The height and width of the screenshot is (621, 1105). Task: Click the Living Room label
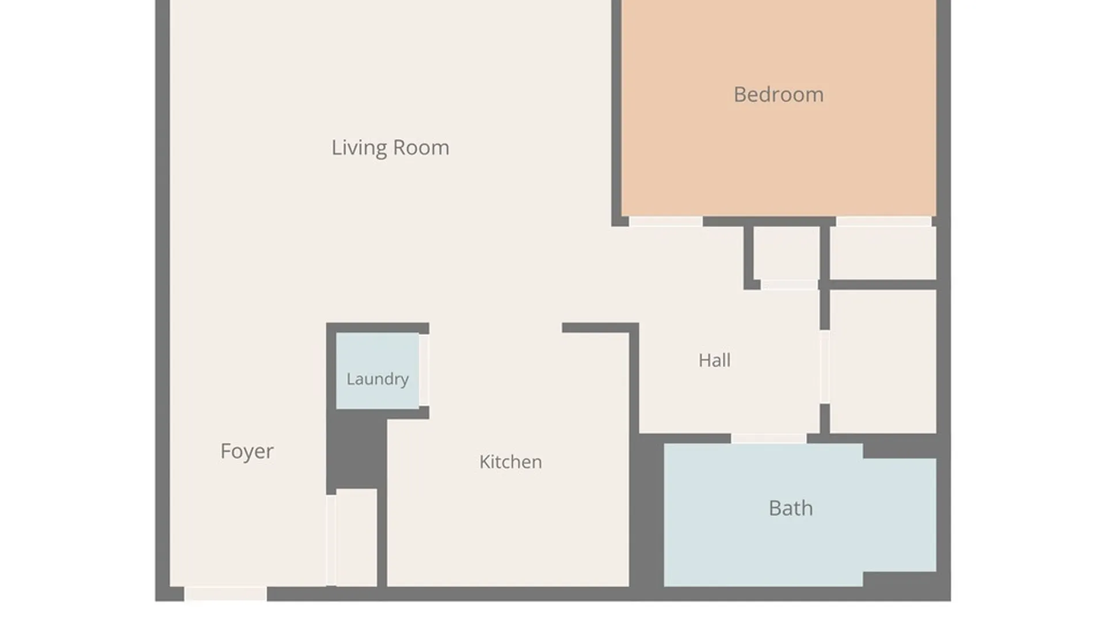click(x=390, y=148)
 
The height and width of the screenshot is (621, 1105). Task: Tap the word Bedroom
click(x=779, y=94)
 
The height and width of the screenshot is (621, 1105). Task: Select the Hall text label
click(x=715, y=361)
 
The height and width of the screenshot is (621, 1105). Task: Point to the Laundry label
click(x=378, y=379)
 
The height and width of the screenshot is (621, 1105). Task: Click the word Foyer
click(x=247, y=451)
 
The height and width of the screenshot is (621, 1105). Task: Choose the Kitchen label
click(x=510, y=462)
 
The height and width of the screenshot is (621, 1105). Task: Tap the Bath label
click(x=791, y=508)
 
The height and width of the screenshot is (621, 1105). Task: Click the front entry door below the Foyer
click(x=226, y=594)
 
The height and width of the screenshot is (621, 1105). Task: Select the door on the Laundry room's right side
click(x=424, y=370)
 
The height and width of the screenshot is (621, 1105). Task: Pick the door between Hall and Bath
click(x=769, y=439)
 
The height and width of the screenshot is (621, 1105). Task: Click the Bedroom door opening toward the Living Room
click(x=666, y=221)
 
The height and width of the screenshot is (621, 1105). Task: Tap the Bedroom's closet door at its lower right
click(x=884, y=221)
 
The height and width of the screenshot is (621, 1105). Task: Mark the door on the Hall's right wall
click(x=825, y=367)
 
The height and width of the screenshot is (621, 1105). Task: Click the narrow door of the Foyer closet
click(x=331, y=540)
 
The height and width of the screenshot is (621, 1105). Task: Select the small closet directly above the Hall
click(x=787, y=253)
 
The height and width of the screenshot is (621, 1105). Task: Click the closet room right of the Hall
click(x=883, y=361)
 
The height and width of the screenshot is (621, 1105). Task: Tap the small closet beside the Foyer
click(x=357, y=538)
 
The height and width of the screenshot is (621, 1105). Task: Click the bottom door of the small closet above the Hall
click(x=790, y=285)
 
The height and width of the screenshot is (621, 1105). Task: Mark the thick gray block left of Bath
click(x=647, y=511)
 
